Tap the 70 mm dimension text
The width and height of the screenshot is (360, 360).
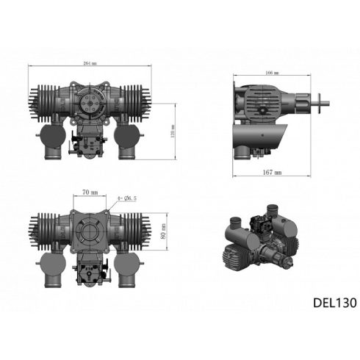pyautogui.click(x=90, y=192)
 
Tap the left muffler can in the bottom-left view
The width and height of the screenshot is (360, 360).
pyautogui.click(x=50, y=269)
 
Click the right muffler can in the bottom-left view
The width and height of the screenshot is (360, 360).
pyautogui.click(x=132, y=269)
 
